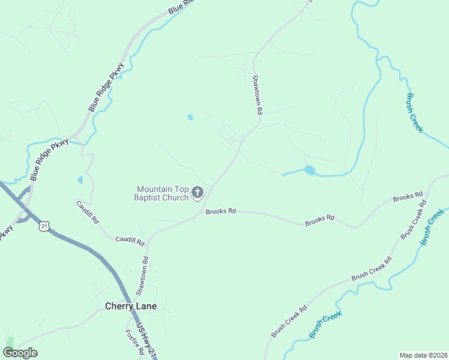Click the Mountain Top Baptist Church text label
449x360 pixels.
point(163,193)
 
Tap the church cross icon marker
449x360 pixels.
point(197,193)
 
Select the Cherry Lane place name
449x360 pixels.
point(131,306)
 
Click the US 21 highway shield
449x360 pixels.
point(43,226)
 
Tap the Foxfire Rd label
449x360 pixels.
point(132,342)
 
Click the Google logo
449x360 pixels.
point(20,352)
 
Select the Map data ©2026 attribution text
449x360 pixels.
point(423,355)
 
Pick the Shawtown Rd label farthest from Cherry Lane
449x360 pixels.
point(258,95)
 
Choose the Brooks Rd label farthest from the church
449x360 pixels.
point(408,197)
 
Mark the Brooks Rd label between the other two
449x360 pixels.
point(319,220)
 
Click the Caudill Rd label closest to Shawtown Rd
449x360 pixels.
point(130,241)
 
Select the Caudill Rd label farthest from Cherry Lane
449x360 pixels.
point(87,212)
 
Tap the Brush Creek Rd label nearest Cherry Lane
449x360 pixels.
point(289,321)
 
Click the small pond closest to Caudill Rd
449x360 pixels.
point(80,179)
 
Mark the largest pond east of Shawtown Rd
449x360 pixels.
point(309,170)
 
